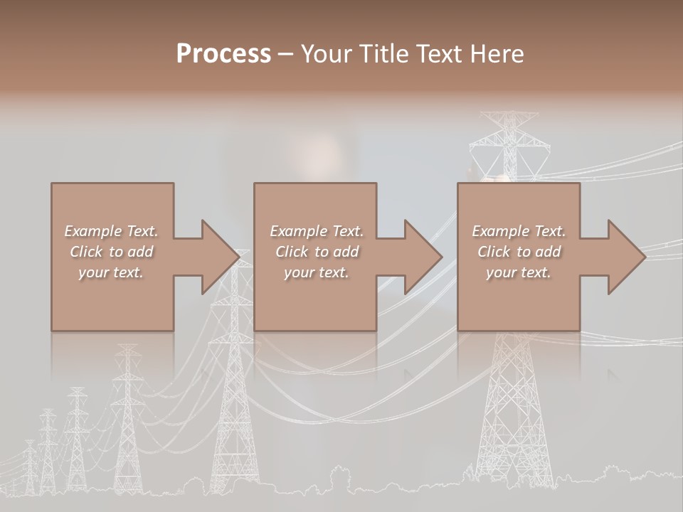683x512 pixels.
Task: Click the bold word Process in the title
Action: pos(223,54)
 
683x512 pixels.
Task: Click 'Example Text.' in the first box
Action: pos(111,231)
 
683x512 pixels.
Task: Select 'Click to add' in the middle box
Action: pos(317,252)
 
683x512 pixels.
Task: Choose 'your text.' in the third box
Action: pos(518,272)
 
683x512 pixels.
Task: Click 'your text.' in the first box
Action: pos(111,272)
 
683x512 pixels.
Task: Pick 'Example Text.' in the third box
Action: pos(519,231)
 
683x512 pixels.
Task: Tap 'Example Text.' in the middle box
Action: pos(317,231)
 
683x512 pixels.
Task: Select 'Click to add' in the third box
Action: pos(519,252)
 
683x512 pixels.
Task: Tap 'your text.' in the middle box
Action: pos(317,272)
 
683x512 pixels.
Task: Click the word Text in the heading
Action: pos(436,54)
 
